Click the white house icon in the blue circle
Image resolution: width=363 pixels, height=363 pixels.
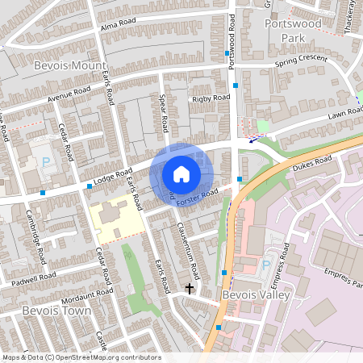[181, 173]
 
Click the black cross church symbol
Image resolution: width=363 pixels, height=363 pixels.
[190, 287]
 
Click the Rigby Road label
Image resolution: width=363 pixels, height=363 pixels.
[210, 98]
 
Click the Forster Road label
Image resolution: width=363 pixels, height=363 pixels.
[198, 196]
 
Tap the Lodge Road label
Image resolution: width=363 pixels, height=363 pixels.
[112, 177]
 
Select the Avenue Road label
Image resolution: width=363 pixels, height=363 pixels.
[69, 95]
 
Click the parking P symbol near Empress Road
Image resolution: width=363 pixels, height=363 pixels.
[266, 265]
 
